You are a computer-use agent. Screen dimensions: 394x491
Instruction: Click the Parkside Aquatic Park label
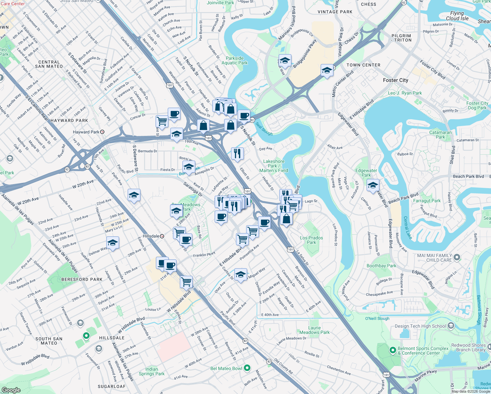coord(235,60)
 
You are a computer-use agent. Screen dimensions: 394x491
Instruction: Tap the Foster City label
coord(395,80)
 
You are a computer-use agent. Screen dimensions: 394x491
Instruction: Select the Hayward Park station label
coord(86,132)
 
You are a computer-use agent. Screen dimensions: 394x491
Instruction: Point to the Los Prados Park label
coord(311,240)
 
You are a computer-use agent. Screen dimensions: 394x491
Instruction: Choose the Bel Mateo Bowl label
coord(226,368)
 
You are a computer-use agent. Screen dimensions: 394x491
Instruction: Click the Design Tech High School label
coord(420,326)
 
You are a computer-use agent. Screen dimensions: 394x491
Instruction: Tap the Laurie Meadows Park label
coord(314,330)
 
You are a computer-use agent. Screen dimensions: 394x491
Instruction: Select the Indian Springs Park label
coord(152,371)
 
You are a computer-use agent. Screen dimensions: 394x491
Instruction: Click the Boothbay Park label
coord(381,266)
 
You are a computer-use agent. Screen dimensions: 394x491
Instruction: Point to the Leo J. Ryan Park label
coord(405,93)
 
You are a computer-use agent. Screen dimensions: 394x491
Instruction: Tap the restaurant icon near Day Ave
coord(237,153)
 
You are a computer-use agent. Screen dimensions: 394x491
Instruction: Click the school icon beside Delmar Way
coord(113,243)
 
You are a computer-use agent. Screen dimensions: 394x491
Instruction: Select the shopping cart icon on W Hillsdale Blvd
coord(186,281)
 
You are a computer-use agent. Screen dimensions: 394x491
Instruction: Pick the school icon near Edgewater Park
coord(373,186)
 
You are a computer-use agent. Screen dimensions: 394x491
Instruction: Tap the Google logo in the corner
coord(11,390)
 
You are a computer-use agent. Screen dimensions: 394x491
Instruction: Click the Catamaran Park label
coord(440,135)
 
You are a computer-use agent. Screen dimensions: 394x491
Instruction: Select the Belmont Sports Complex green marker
coord(393,350)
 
